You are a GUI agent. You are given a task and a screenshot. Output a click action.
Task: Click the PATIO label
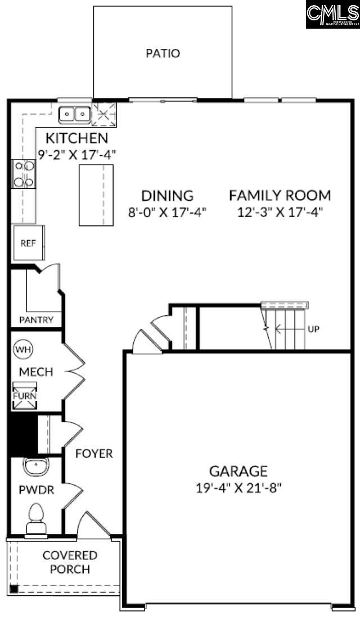[x=163, y=54]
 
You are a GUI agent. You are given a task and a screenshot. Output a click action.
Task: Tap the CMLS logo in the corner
[x=332, y=14]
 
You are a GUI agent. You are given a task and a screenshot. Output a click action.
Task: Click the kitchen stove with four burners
[x=24, y=174]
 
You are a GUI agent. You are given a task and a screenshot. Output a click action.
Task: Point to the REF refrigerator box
[x=28, y=243]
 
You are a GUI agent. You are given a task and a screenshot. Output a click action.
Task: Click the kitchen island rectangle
[x=96, y=195]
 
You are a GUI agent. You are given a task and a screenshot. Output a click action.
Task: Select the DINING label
[x=167, y=196]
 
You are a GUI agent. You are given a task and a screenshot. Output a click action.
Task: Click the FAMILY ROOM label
[x=280, y=196]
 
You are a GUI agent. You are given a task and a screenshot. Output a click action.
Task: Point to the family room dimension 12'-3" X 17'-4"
[x=280, y=212]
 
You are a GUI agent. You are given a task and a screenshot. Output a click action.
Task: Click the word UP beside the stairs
[x=313, y=329]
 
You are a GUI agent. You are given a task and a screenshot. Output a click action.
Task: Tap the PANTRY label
[x=36, y=320]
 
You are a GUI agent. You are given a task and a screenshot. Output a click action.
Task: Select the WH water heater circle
[x=24, y=349]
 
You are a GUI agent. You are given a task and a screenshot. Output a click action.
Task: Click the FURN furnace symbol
[x=25, y=395]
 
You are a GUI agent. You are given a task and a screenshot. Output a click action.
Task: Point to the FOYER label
[x=94, y=453]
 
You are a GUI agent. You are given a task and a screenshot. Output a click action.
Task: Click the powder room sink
[x=36, y=467]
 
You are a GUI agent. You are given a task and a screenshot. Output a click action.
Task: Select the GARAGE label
[x=238, y=471]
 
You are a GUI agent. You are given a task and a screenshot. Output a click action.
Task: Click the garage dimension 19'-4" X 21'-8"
[x=238, y=487]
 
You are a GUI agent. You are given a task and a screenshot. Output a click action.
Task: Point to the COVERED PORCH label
[x=70, y=562]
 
